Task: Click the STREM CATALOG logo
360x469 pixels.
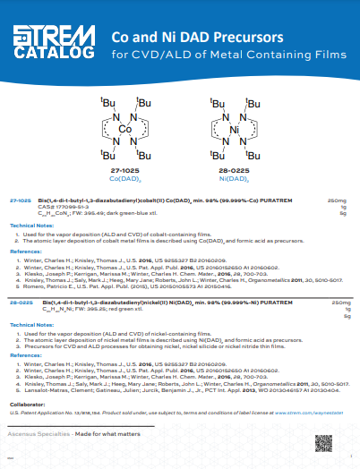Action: point(55,42)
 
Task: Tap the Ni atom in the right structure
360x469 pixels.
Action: point(236,130)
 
